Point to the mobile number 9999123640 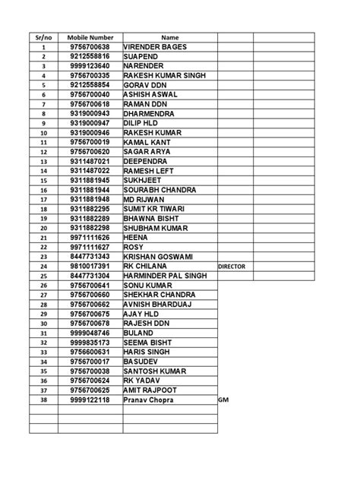coord(89,66)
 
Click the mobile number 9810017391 coord(89,267)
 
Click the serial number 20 coord(44,228)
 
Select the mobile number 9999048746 coord(89,333)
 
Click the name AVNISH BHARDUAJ coord(156,304)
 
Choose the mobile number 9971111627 coord(89,247)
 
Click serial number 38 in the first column coord(44,399)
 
